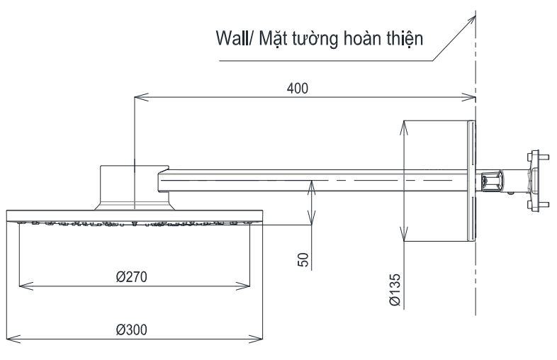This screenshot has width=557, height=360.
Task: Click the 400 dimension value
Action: (297, 87)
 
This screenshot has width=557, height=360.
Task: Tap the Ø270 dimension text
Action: (133, 276)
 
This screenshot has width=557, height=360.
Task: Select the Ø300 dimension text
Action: (133, 330)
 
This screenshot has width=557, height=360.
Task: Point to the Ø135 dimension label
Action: (395, 291)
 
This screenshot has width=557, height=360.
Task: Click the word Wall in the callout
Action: (231, 40)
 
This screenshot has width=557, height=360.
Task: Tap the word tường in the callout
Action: (313, 40)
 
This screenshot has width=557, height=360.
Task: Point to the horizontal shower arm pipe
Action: (312, 182)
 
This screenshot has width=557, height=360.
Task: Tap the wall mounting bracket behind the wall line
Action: (536, 180)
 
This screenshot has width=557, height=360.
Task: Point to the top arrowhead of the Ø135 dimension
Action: (403, 126)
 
